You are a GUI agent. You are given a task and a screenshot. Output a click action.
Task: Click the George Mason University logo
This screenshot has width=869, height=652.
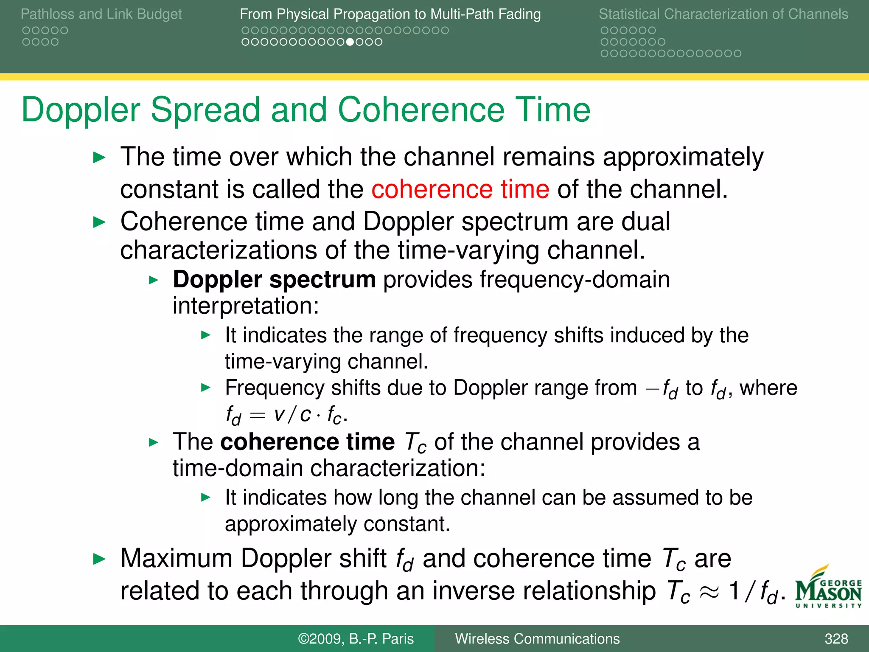coord(828,588)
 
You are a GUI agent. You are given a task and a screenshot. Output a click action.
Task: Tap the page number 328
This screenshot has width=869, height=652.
coord(836,638)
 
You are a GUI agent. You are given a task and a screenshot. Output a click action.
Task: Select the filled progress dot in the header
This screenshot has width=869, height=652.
coord(350,42)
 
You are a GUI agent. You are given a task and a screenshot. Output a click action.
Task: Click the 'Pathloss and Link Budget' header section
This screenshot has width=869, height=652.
coord(101,14)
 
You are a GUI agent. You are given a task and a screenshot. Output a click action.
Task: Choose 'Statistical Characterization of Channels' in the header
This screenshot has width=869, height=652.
coord(723,14)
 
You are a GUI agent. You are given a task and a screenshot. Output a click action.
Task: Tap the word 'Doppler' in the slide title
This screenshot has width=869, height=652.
coord(81,110)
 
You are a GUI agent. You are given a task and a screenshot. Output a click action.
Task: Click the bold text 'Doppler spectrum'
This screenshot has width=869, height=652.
coord(274,280)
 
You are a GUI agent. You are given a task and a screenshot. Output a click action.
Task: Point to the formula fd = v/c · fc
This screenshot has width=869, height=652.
coord(286,415)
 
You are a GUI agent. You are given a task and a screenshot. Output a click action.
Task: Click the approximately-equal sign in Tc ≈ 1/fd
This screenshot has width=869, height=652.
coord(709,591)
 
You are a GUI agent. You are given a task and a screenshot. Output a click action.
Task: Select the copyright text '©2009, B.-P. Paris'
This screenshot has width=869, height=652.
coord(356,638)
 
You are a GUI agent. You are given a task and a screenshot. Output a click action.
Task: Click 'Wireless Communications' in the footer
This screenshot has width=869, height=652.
coord(537,638)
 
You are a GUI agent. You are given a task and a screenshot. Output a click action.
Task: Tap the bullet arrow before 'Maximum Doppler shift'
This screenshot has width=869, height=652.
coord(99,559)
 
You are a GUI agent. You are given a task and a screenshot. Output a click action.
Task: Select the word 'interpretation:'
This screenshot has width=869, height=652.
coord(246,306)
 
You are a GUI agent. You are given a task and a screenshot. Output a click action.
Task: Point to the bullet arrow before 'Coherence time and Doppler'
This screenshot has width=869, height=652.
coord(99,222)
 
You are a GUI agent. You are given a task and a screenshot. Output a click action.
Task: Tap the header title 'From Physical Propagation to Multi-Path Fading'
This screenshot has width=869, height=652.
coord(390,14)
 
